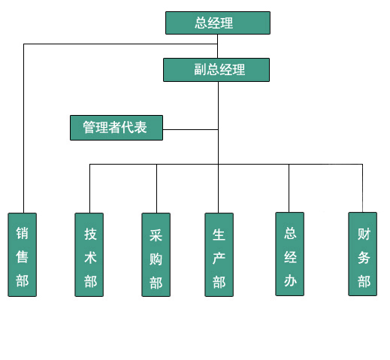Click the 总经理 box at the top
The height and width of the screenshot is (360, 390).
tap(218, 23)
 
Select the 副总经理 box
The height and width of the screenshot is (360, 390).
tap(216, 70)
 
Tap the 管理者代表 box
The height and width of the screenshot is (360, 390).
tap(116, 128)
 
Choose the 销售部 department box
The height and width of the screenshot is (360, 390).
tap(23, 255)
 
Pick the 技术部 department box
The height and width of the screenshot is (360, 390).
tap(89, 255)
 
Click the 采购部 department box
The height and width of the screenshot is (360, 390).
tap(156, 255)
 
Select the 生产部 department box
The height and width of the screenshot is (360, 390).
tap(219, 255)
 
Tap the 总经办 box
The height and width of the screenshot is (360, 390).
tap(290, 254)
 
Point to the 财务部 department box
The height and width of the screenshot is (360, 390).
tap(363, 254)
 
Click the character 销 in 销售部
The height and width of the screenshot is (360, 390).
tap(22, 233)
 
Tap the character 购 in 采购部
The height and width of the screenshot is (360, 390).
tap(156, 259)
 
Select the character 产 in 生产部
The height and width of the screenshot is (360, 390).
tap(219, 259)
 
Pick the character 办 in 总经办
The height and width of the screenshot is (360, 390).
tap(290, 280)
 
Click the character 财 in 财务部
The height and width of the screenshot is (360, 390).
tap(364, 234)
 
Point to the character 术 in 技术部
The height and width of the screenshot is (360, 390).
tap(90, 258)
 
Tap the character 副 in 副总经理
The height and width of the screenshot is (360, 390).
tap(201, 69)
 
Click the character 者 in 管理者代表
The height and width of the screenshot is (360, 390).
tap(115, 127)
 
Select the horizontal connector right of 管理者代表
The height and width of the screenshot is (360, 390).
tap(190, 129)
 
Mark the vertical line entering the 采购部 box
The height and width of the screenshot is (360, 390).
tap(156, 189)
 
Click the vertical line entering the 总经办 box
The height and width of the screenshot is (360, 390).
tap(289, 189)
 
